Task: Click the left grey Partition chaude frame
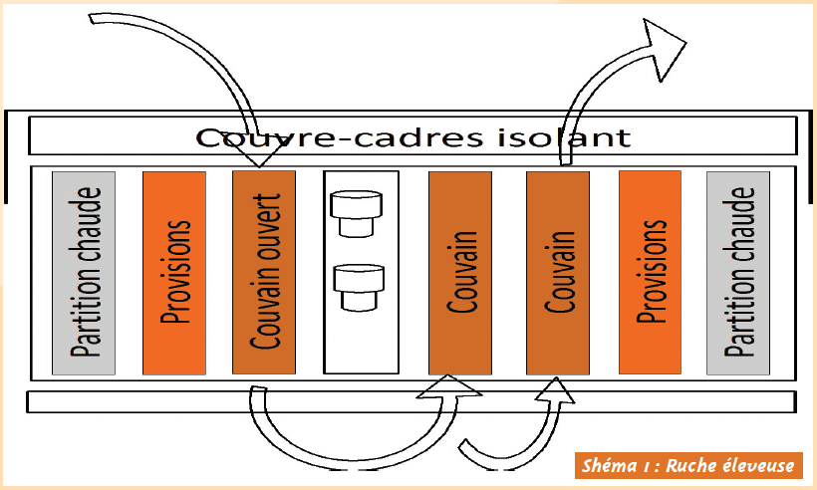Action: pos(84,273)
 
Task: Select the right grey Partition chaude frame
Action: pos(738,273)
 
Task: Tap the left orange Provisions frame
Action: pos(174,273)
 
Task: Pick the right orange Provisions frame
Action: pos(650,272)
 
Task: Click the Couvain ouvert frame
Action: pos(264,272)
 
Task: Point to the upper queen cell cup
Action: pos(357,213)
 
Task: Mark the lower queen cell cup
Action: pos(359,288)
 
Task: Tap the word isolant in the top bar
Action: pos(564,137)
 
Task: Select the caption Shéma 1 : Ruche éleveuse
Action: pos(688,465)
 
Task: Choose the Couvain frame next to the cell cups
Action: pos(460,273)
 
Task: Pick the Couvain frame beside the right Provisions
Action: pos(558,273)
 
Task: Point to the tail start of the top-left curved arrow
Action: pos(92,19)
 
